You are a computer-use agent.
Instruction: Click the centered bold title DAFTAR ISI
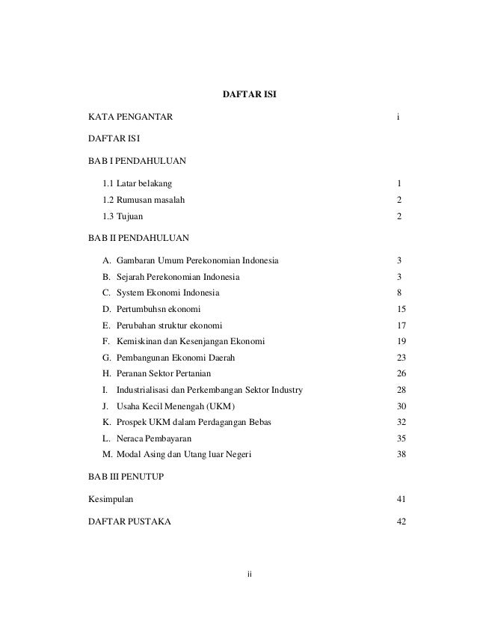tap(250, 95)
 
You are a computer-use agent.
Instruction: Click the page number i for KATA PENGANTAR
tap(399, 117)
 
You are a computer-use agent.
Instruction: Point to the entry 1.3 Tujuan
tap(124, 216)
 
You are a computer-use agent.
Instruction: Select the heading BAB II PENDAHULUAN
tap(138, 238)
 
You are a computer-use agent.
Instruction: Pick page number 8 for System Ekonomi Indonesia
tap(400, 293)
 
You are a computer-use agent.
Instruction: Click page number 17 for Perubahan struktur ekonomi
tap(401, 325)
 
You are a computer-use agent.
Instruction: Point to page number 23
tap(401, 358)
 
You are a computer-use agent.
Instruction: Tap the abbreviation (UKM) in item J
tap(221, 406)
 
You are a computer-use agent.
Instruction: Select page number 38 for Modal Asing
tap(401, 455)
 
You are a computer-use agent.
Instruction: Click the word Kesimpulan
tap(112, 499)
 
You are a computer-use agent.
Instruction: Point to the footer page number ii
tap(250, 575)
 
